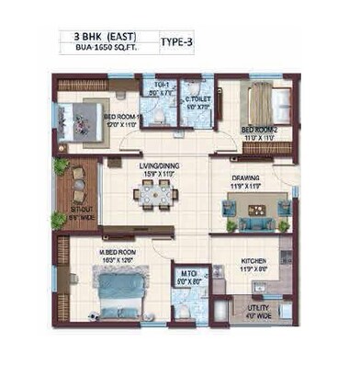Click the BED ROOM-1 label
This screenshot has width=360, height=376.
121,117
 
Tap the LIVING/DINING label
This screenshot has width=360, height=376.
158,166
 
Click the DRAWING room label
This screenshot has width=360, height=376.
245,177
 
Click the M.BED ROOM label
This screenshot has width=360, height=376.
117,251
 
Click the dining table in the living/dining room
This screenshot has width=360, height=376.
154,194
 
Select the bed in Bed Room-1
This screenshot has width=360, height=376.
78,118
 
